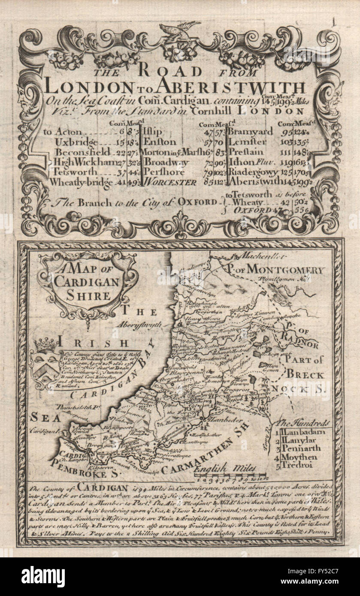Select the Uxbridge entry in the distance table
[72, 142]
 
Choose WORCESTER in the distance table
[170, 182]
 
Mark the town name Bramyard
[251, 132]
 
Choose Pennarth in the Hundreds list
[302, 448]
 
